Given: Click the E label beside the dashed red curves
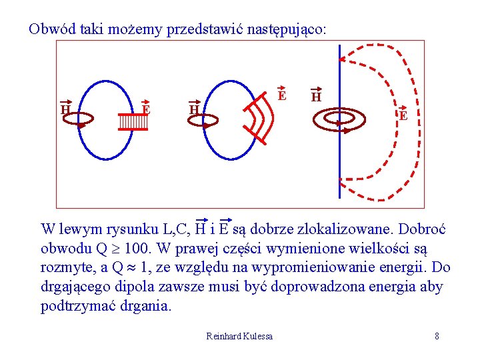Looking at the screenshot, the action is [x=403, y=115].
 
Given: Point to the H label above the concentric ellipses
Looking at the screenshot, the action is [x=316, y=97].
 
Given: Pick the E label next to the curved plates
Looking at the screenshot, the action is [x=282, y=96].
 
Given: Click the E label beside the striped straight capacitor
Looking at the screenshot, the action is [x=146, y=109].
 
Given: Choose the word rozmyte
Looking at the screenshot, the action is [x=64, y=268].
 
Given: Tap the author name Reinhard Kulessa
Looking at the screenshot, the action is [x=239, y=336].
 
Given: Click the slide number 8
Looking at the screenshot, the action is [x=437, y=336].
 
